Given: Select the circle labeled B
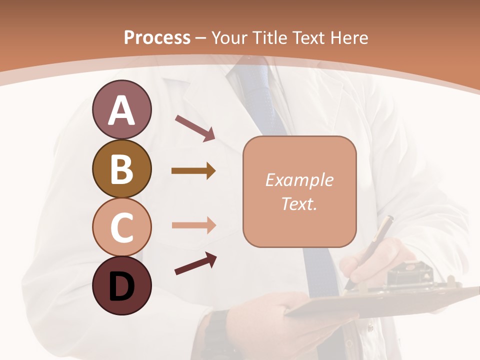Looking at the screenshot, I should (121, 168).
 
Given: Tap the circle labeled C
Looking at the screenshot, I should (121, 227).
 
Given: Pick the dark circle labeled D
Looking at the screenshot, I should (121, 285).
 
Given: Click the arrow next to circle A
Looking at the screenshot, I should (195, 128).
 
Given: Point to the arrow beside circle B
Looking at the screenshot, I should (193, 171).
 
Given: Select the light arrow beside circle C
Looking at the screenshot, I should (193, 225).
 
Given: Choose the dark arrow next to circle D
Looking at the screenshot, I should (195, 263).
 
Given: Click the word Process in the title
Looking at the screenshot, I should (157, 38).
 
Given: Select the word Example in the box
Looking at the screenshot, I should (299, 180).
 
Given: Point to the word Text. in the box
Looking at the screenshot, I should (299, 203).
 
